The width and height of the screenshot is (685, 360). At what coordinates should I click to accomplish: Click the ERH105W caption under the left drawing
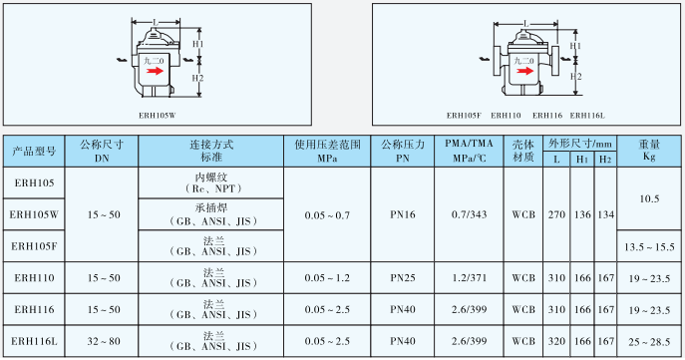[x=158, y=115]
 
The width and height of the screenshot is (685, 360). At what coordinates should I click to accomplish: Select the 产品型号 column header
[x=34, y=151]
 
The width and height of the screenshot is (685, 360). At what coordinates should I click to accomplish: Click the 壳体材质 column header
[x=523, y=151]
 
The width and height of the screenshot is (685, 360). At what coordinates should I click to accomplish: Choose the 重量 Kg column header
[x=649, y=151]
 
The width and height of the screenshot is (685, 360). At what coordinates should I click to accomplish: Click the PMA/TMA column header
[x=469, y=151]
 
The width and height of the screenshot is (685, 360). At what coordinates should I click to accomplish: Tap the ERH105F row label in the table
[x=35, y=245]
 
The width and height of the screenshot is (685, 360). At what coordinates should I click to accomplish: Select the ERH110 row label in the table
[x=35, y=278]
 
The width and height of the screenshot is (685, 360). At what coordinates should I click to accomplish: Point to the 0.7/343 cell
[x=469, y=214]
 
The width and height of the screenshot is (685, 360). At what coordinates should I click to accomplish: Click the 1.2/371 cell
[x=469, y=278]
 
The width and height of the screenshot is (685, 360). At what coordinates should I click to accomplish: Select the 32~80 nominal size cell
[x=102, y=342]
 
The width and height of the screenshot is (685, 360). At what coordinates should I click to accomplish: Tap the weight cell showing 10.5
[x=649, y=198]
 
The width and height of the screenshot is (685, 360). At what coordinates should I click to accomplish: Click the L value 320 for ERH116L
[x=556, y=342]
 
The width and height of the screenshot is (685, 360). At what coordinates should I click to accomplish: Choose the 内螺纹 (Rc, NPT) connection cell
[x=211, y=182]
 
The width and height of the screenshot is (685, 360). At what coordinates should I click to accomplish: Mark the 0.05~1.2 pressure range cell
[x=328, y=278]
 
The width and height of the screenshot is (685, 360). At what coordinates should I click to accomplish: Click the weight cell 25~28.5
[x=649, y=342]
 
